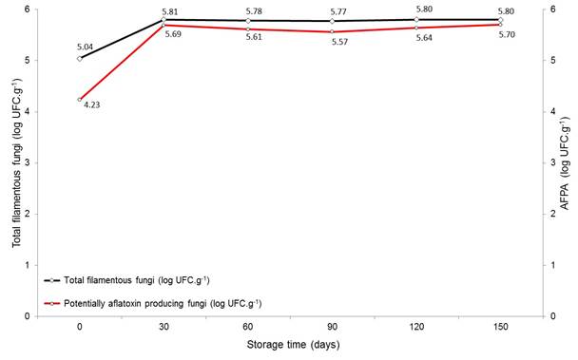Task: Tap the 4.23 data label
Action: pos(91,105)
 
